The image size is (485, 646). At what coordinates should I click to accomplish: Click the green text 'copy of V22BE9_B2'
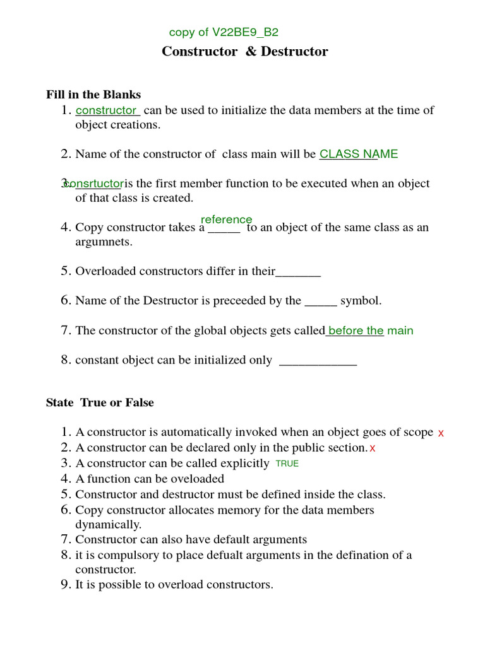(x=224, y=33)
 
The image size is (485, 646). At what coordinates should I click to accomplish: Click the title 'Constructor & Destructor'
(x=245, y=52)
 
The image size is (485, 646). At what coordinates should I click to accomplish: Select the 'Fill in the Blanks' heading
(x=93, y=95)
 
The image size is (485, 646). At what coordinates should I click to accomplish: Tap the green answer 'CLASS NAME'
(x=359, y=154)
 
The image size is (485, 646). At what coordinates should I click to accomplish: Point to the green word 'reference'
(x=226, y=220)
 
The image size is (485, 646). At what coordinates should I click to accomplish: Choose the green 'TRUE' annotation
(x=287, y=464)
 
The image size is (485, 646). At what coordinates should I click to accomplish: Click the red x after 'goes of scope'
(x=441, y=433)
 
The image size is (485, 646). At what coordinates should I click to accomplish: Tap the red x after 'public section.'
(x=373, y=449)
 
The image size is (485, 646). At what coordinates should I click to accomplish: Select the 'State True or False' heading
(x=100, y=402)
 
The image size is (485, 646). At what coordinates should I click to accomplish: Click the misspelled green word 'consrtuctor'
(x=93, y=184)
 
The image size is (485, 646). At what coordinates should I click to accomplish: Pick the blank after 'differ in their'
(x=299, y=272)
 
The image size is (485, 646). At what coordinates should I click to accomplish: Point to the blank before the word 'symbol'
(x=321, y=302)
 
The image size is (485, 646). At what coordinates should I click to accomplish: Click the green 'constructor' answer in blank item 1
(x=106, y=110)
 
